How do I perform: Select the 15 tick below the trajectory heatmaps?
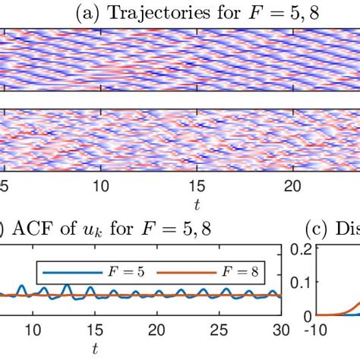coord(197,186)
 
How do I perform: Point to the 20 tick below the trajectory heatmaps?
coord(293,186)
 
